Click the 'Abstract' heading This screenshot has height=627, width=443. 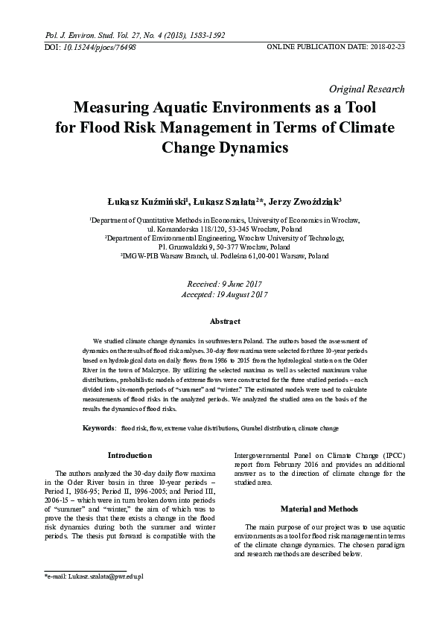pos(225,321)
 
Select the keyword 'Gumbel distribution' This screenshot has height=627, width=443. pos(267,428)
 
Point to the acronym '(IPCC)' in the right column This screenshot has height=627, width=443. pos(392,454)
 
